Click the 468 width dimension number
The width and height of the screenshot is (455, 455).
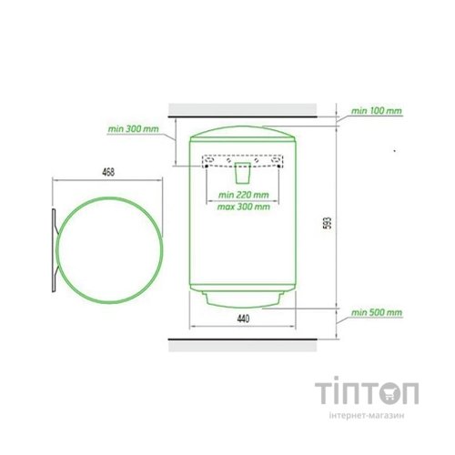click(108, 172)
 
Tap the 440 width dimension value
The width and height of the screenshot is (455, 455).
click(243, 318)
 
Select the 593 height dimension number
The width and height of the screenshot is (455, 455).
click(329, 223)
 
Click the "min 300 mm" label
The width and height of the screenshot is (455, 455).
click(134, 129)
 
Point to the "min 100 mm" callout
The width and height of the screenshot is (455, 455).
click(377, 111)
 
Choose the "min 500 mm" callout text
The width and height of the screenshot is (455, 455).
click(377, 312)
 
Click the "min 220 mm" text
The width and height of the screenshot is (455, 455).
click(244, 195)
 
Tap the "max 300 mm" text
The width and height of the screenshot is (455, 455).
click(244, 207)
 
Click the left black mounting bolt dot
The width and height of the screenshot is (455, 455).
click(207, 167)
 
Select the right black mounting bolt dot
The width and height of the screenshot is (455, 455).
click(278, 167)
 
